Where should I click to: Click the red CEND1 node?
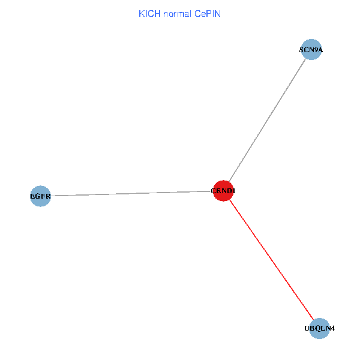click(x=223, y=191)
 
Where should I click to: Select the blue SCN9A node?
click(x=311, y=50)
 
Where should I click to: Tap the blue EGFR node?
click(x=40, y=196)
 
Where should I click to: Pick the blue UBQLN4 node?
click(x=320, y=328)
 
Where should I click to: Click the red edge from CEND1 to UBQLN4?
click(x=272, y=260)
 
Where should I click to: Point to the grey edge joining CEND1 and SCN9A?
click(x=267, y=120)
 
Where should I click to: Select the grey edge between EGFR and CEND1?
click(x=132, y=193)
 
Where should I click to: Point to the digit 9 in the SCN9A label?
click(x=314, y=50)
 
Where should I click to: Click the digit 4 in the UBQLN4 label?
click(x=332, y=328)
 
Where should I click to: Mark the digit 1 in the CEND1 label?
click(x=233, y=191)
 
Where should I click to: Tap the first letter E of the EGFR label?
click(x=32, y=196)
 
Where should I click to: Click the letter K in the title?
click(x=142, y=13)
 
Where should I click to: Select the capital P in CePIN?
click(x=207, y=13)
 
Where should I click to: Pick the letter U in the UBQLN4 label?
click(x=307, y=328)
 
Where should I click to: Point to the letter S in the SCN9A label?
click(x=302, y=50)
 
